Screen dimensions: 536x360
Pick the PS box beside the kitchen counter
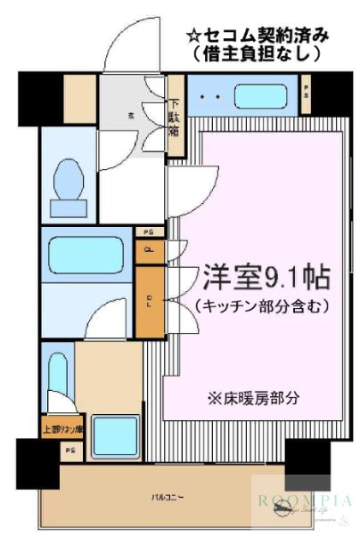[x=306, y=92]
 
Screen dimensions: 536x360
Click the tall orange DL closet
[x=149, y=300]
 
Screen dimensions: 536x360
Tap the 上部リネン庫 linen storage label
[x=61, y=429]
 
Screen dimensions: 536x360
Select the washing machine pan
[x=115, y=436]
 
